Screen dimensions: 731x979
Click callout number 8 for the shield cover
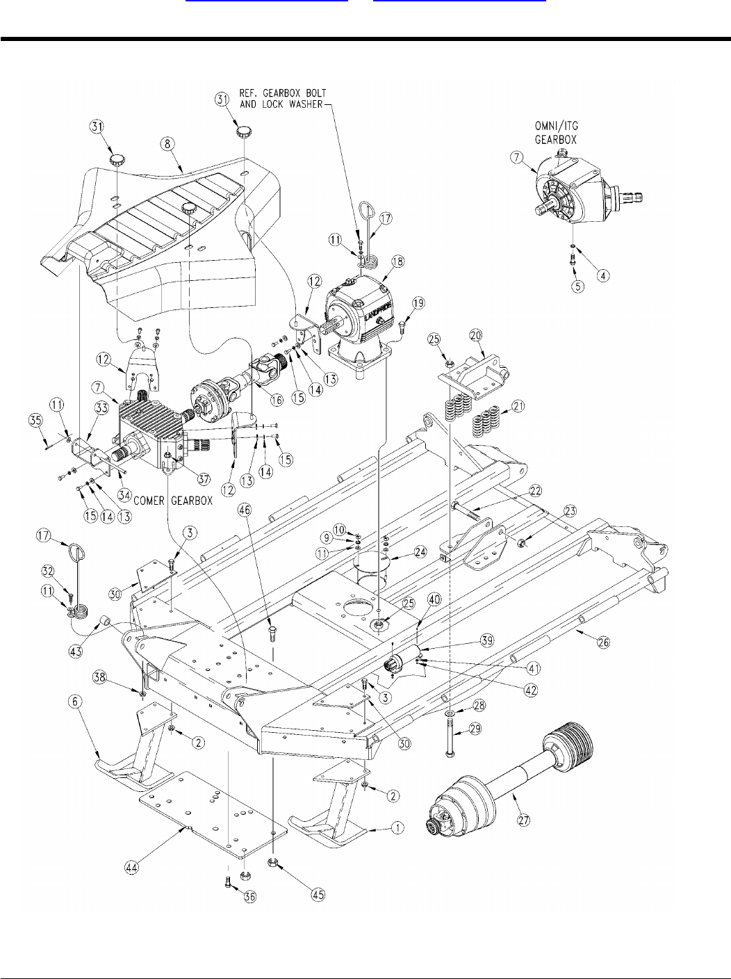(x=167, y=144)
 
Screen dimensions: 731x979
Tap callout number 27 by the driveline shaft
(x=524, y=820)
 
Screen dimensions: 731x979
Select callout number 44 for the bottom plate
(x=131, y=867)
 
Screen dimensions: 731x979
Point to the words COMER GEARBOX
(x=173, y=501)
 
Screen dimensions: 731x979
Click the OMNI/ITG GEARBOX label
(x=556, y=133)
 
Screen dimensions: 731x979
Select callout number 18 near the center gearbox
(x=397, y=261)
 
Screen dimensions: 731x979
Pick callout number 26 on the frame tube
(x=604, y=642)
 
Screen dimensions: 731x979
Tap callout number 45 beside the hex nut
(x=318, y=894)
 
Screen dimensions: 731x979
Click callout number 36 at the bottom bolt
(x=251, y=896)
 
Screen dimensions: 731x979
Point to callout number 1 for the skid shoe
(x=397, y=828)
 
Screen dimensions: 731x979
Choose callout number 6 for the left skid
(x=75, y=702)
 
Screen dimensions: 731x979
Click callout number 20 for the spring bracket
(x=476, y=335)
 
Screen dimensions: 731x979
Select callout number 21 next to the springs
(x=518, y=406)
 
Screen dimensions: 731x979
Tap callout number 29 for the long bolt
(x=475, y=729)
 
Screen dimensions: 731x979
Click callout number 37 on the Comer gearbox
(x=204, y=480)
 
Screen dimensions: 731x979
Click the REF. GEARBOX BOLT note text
(x=283, y=99)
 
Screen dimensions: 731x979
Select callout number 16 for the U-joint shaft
(x=277, y=400)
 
